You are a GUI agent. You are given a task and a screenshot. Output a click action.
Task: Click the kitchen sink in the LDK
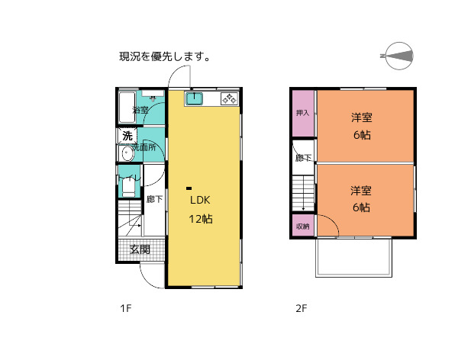(194, 98)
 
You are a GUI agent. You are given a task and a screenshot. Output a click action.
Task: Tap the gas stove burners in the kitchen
(229, 98)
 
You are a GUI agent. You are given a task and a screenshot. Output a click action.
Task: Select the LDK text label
(200, 200)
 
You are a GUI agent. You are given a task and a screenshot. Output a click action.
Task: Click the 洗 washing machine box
(127, 136)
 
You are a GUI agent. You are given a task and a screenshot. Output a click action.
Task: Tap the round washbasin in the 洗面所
(126, 153)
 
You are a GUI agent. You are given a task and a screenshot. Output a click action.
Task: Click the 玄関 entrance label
(139, 249)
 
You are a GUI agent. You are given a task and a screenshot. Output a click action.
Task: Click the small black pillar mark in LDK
(189, 188)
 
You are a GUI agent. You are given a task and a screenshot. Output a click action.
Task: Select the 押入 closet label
(303, 114)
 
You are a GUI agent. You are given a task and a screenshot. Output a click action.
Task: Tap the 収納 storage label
(303, 227)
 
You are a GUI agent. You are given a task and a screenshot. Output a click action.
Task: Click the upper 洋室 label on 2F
(362, 117)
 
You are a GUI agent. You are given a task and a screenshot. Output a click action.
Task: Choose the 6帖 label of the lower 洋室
(362, 207)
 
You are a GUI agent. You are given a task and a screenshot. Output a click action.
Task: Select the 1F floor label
(126, 309)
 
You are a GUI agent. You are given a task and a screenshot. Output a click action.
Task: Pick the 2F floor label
(302, 309)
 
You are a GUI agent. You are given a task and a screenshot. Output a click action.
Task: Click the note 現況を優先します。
(164, 56)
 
